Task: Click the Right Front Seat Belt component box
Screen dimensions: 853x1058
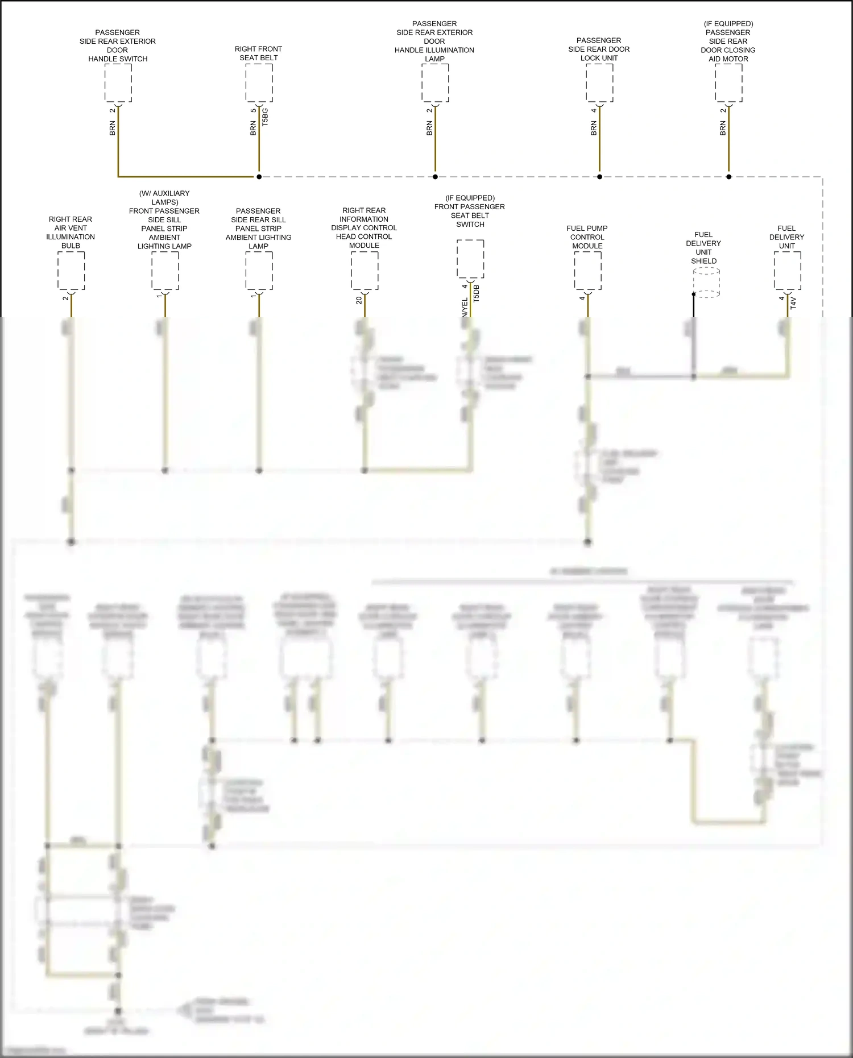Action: pos(259,83)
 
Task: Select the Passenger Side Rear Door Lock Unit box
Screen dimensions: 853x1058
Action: pos(599,83)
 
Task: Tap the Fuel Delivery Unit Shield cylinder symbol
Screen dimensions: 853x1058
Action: pos(706,283)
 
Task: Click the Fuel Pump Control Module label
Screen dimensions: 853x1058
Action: pos(587,237)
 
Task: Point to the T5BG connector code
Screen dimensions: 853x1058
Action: pos(265,117)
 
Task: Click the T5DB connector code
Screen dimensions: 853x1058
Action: pos(477,293)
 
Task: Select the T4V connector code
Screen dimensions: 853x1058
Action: pos(794,302)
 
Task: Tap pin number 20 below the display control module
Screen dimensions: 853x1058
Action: pos(359,300)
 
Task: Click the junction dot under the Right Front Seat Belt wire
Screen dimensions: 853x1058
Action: pos(259,177)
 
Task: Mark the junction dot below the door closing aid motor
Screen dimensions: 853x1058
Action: pos(728,177)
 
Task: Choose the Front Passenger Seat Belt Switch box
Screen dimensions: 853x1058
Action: pos(470,259)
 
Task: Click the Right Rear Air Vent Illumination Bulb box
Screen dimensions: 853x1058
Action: pos(71,271)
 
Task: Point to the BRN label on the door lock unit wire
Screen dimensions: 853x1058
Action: pos(594,128)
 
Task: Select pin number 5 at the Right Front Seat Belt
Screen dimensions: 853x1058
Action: pos(253,110)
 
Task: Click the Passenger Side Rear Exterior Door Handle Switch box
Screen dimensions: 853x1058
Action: pos(118,83)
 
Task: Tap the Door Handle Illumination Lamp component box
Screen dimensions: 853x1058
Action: pos(435,83)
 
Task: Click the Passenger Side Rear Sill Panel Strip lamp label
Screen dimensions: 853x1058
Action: pos(258,229)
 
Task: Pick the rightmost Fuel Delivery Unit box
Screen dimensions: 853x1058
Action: pos(787,271)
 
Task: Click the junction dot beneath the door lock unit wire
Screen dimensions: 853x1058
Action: pos(599,177)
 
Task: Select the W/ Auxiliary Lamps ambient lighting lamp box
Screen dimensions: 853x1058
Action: pos(165,271)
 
